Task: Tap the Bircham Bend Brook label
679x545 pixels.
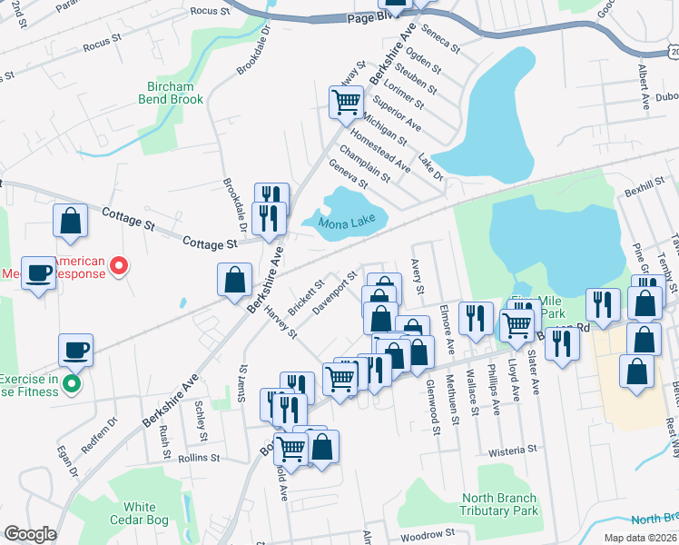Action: [x=170, y=93]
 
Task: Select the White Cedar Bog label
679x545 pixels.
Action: [x=140, y=513]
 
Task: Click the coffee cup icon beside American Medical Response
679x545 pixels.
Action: [x=39, y=272]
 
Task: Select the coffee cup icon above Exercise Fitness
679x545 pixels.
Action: [x=75, y=350]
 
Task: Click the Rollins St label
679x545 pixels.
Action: [x=202, y=460]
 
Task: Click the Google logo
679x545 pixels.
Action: [x=30, y=534]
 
